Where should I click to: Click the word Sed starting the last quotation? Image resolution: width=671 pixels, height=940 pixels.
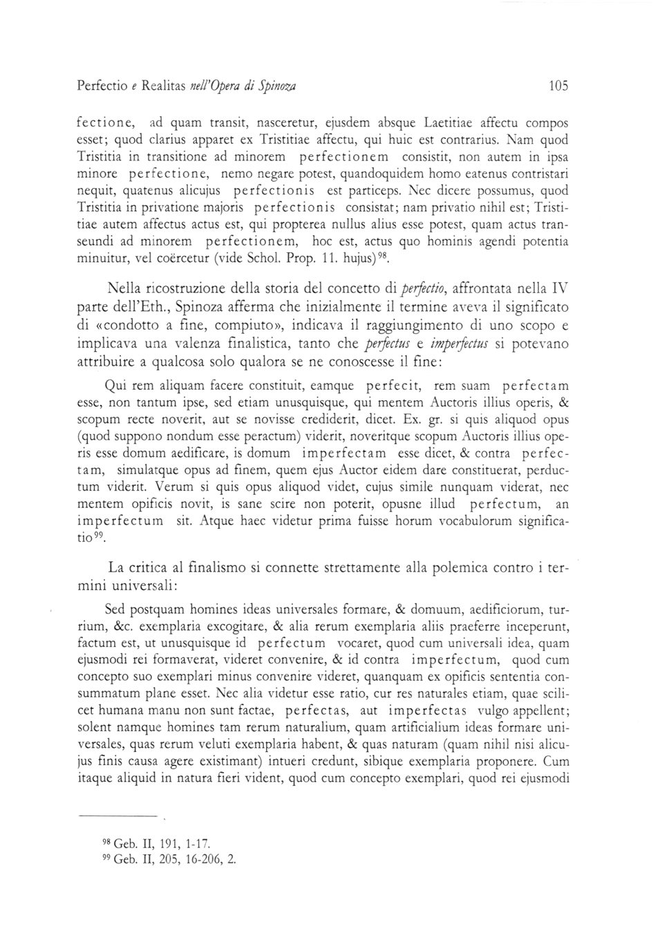pos(115,610)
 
